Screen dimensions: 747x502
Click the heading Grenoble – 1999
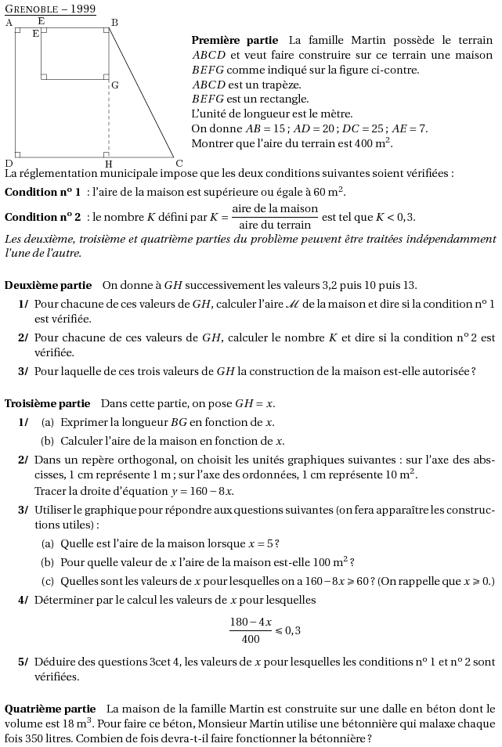[50, 9]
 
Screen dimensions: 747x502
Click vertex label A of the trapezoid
[9, 23]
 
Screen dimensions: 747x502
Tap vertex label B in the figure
[114, 23]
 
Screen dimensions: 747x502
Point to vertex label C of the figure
[179, 163]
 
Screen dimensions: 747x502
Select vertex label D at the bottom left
[9, 163]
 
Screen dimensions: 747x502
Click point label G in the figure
[115, 85]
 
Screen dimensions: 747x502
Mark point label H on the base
[108, 163]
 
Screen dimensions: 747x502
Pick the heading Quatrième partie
[50, 709]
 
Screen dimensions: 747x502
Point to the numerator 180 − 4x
[251, 622]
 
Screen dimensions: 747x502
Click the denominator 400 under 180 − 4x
[251, 639]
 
